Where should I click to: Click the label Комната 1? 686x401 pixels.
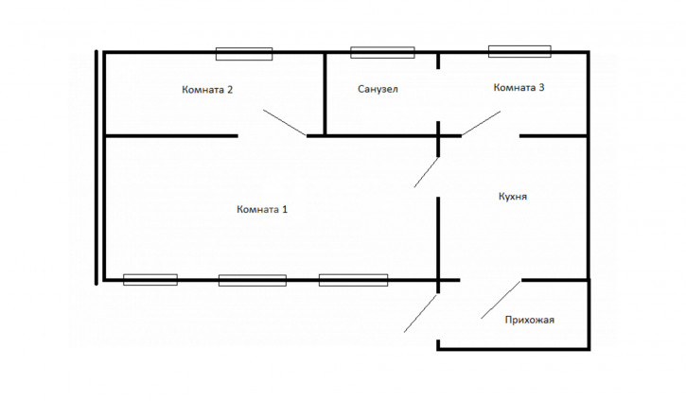click(x=261, y=209)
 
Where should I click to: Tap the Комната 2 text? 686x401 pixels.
click(x=207, y=90)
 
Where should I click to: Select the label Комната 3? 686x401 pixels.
click(x=519, y=88)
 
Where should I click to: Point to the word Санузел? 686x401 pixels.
click(x=378, y=90)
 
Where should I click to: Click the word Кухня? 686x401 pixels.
click(x=512, y=198)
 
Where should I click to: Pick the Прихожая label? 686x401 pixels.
click(x=529, y=320)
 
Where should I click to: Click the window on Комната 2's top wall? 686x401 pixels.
click(x=243, y=54)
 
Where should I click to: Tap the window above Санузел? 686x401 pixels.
click(x=381, y=53)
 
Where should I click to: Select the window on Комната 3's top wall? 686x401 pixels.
click(x=519, y=51)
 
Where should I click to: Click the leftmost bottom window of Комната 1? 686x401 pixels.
click(x=150, y=279)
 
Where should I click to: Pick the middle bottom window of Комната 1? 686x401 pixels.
click(x=252, y=280)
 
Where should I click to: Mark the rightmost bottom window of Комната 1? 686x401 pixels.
click(x=352, y=280)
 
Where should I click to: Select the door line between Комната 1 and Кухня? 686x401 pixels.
click(x=427, y=172)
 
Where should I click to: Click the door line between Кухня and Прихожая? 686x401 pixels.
click(x=501, y=299)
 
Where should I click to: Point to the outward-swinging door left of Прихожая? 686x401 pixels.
click(x=421, y=313)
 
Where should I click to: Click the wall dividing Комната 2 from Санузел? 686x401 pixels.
click(x=325, y=93)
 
